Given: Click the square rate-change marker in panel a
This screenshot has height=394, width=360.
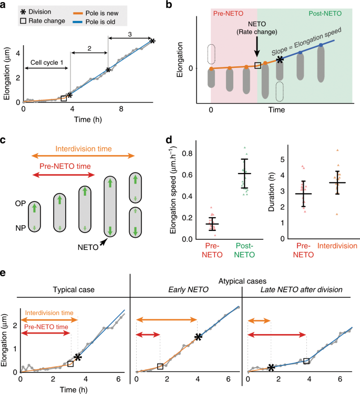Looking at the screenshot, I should tap(64, 98).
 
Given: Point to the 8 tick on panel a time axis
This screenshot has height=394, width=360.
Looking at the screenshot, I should tap(121, 110).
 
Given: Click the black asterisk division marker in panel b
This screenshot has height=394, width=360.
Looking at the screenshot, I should tap(281, 60).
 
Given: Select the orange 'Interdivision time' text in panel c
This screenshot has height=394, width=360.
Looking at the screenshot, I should tap(86, 148).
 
